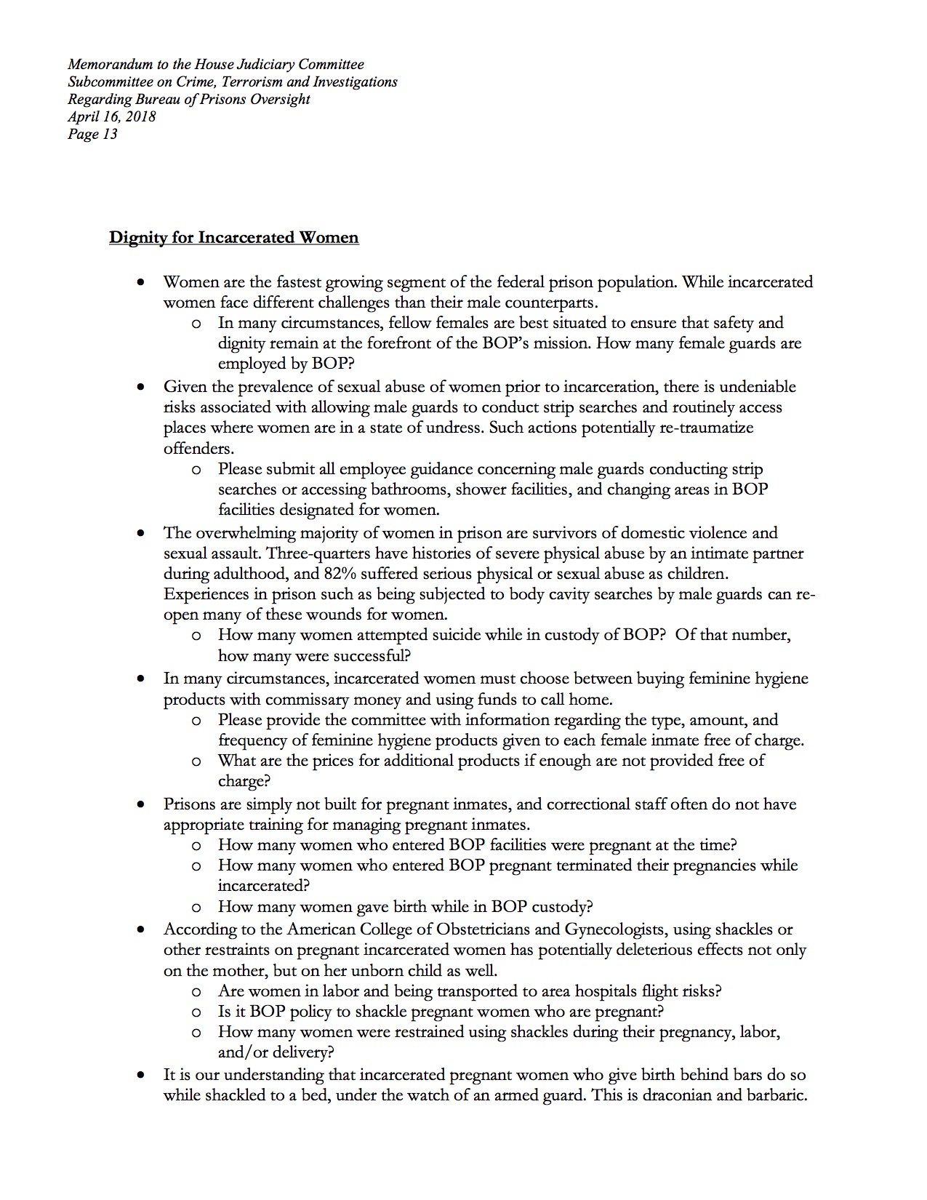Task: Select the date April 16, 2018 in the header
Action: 112,116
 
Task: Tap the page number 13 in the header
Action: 109,134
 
